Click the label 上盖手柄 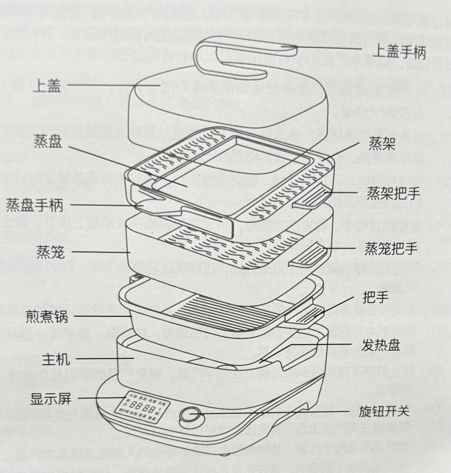399,53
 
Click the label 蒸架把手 393,193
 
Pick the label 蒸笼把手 391,249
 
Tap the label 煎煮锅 47,317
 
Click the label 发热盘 380,345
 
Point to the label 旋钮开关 384,411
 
